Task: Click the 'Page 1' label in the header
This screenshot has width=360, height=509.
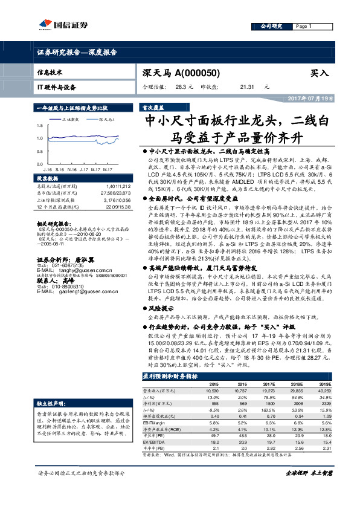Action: coord(303,27)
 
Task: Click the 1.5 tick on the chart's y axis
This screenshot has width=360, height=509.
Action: coord(40,126)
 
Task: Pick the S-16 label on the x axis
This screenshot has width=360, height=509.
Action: coord(60,171)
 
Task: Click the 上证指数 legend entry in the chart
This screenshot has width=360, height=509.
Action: coord(70,120)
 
